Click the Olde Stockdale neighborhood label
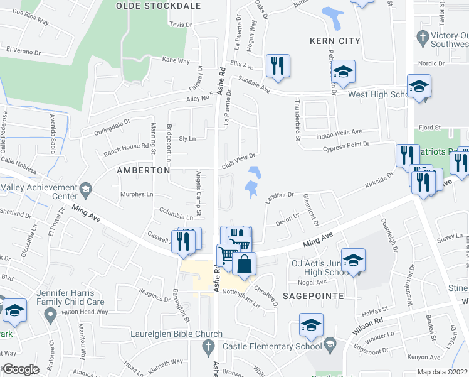pyautogui.click(x=158, y=6)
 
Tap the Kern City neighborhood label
pyautogui.click(x=335, y=41)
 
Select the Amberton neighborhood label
pyautogui.click(x=144, y=170)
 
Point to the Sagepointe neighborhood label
pyautogui.click(x=317, y=295)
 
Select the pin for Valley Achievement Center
pyautogui.click(x=83, y=188)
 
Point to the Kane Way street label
pyautogui.click(x=176, y=60)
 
